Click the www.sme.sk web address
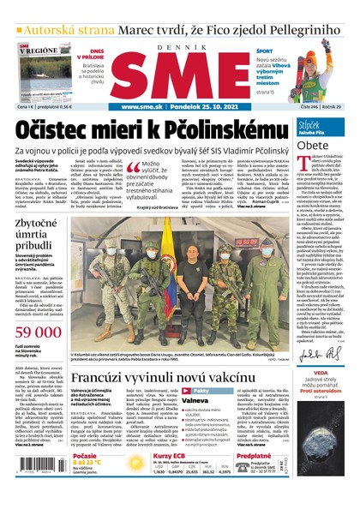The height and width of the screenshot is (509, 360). pyautogui.click(x=143, y=107)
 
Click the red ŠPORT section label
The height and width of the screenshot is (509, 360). pyautogui.click(x=265, y=51)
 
